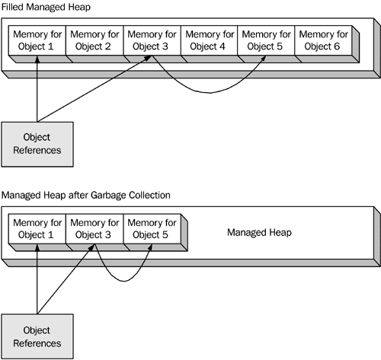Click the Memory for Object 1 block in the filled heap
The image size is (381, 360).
point(37,40)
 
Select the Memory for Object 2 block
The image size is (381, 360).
point(94,40)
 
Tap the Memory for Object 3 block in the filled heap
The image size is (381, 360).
point(152,40)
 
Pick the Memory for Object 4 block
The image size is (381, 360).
point(209,40)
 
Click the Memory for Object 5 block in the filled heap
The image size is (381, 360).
point(266,40)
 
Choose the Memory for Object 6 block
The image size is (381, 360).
point(323,40)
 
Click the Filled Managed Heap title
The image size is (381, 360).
point(46,7)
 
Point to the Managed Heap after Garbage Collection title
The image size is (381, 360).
point(86,195)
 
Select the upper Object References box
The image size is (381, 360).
point(37,145)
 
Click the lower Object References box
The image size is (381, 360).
point(37,336)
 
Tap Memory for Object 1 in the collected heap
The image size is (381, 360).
point(37,229)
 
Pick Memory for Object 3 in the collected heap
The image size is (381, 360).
point(94,229)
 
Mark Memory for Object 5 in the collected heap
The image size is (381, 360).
point(152,229)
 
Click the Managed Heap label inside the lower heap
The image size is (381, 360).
point(259,232)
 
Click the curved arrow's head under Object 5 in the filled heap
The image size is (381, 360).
point(264,59)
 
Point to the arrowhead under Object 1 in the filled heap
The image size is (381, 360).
point(37,59)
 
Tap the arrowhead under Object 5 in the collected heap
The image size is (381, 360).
point(150,247)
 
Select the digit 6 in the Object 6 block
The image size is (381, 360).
point(337,46)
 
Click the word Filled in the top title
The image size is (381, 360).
point(12,7)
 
